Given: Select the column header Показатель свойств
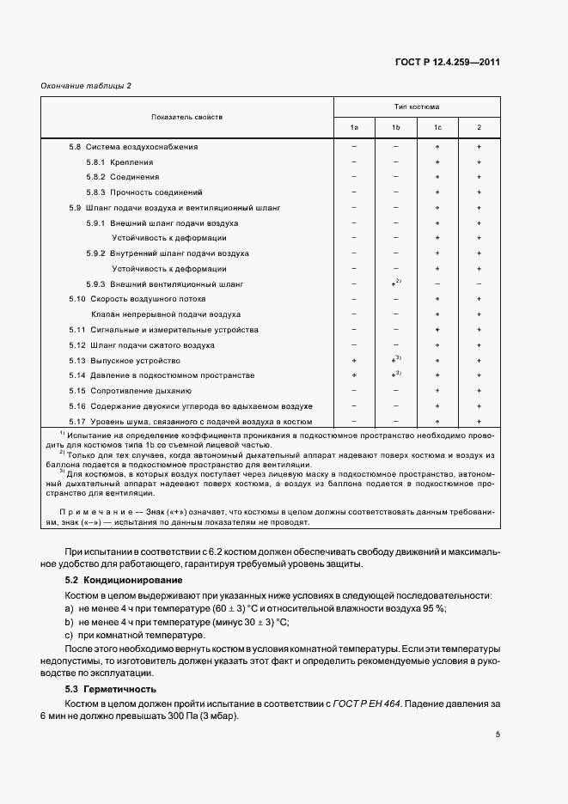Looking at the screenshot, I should tap(187, 116).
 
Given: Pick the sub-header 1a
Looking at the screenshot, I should tap(354, 128).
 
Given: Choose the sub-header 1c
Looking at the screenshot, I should tap(437, 128).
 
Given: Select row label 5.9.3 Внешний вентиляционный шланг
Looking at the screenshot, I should tap(165, 283).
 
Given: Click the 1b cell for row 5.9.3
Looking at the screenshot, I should tap(396, 283).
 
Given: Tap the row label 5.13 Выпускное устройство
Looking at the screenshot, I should tap(125, 361).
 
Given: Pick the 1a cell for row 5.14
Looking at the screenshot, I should tap(354, 375).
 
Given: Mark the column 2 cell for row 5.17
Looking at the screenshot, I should tap(479, 421).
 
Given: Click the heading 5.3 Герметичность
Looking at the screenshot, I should tap(99, 689).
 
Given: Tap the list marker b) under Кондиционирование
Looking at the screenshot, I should tap(70, 621).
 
